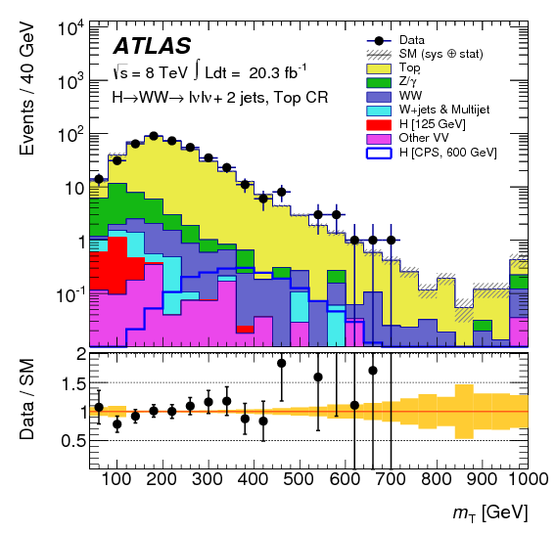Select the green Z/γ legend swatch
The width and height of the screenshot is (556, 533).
coord(380,84)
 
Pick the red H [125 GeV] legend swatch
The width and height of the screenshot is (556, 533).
coord(380,125)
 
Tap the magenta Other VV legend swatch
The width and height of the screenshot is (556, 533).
coord(380,139)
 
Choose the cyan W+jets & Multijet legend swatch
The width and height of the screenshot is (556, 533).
coord(380,111)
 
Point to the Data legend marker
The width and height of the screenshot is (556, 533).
coord(380,39)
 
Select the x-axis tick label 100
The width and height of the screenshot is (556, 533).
coord(116,479)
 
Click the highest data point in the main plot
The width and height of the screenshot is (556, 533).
coord(154,136)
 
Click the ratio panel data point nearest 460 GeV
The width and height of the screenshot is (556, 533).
coord(282,363)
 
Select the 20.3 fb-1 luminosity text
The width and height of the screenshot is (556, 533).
coord(275,72)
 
